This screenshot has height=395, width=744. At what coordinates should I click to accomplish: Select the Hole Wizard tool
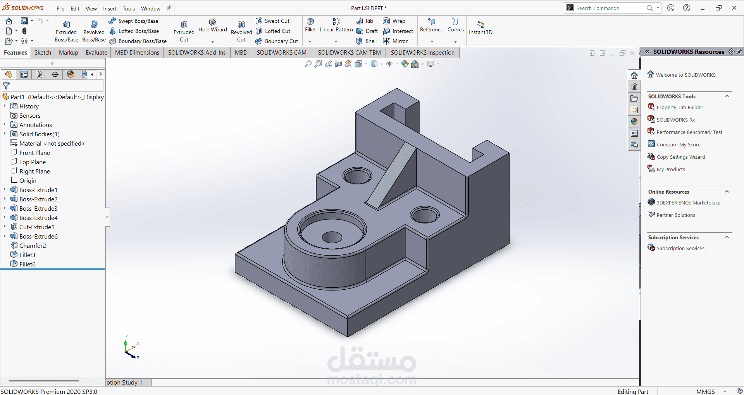[213, 26]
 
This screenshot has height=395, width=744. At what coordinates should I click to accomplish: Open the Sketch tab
[43, 53]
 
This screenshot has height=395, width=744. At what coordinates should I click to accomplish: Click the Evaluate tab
[96, 53]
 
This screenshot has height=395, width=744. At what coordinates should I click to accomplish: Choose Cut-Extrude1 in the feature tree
[36, 227]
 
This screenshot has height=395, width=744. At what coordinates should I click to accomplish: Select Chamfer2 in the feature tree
[33, 246]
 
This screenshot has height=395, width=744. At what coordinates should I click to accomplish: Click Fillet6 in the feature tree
[27, 264]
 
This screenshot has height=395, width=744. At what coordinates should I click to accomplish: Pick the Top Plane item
[32, 162]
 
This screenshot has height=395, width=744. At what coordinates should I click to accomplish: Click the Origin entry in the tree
[28, 180]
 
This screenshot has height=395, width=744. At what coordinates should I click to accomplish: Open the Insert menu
[110, 9]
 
